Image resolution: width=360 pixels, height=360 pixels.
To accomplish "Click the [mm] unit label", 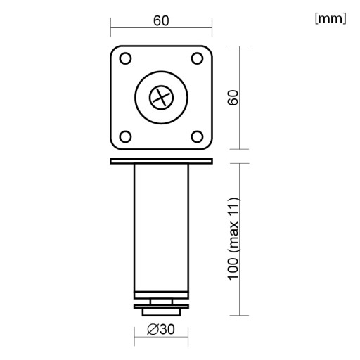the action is pos(330,18).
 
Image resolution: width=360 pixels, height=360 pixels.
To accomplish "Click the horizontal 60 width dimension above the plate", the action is pos(161,20).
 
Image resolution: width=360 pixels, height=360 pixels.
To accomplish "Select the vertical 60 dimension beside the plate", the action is pos(233,98).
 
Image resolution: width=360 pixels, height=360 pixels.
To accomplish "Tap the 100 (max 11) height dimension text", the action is pos(233,238).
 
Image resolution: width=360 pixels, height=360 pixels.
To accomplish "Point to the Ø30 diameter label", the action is pos(161,329).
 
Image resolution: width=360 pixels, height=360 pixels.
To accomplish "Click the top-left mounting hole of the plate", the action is pos(125,58).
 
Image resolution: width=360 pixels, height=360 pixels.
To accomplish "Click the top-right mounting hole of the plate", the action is pos(197,58).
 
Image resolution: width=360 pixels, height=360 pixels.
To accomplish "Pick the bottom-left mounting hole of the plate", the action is pos(125,136).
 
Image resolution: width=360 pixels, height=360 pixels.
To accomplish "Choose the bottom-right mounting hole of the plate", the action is pos(197,136).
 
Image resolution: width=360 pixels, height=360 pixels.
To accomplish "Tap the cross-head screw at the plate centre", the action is pos(161,98).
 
